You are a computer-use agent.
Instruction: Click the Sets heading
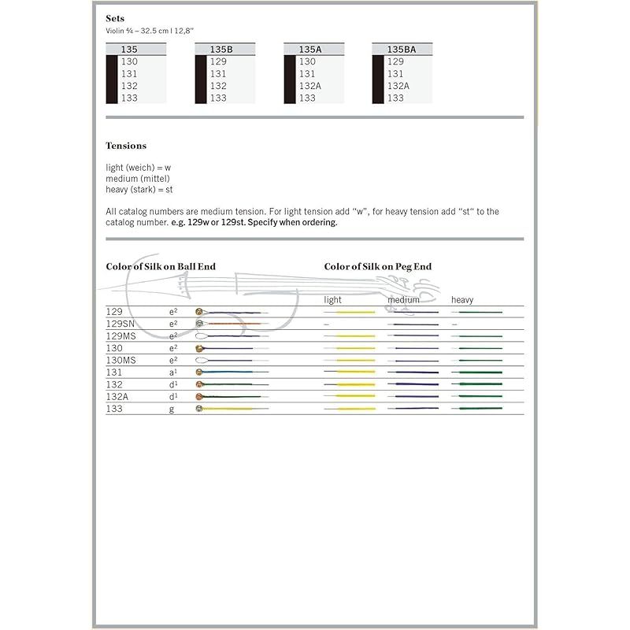(x=115, y=18)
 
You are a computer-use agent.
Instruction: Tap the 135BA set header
(x=401, y=49)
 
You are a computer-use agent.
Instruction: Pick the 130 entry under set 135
(x=129, y=61)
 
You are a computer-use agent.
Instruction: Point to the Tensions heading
(x=126, y=146)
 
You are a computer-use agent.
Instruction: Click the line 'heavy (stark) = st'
(x=139, y=190)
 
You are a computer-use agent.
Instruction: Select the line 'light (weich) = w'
(x=138, y=168)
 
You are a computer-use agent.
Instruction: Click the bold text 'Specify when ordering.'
(x=294, y=223)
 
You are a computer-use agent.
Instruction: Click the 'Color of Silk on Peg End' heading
(x=378, y=267)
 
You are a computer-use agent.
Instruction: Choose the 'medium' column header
(x=403, y=300)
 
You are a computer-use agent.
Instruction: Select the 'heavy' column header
(x=462, y=300)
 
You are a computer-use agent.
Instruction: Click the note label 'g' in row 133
(x=172, y=409)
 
